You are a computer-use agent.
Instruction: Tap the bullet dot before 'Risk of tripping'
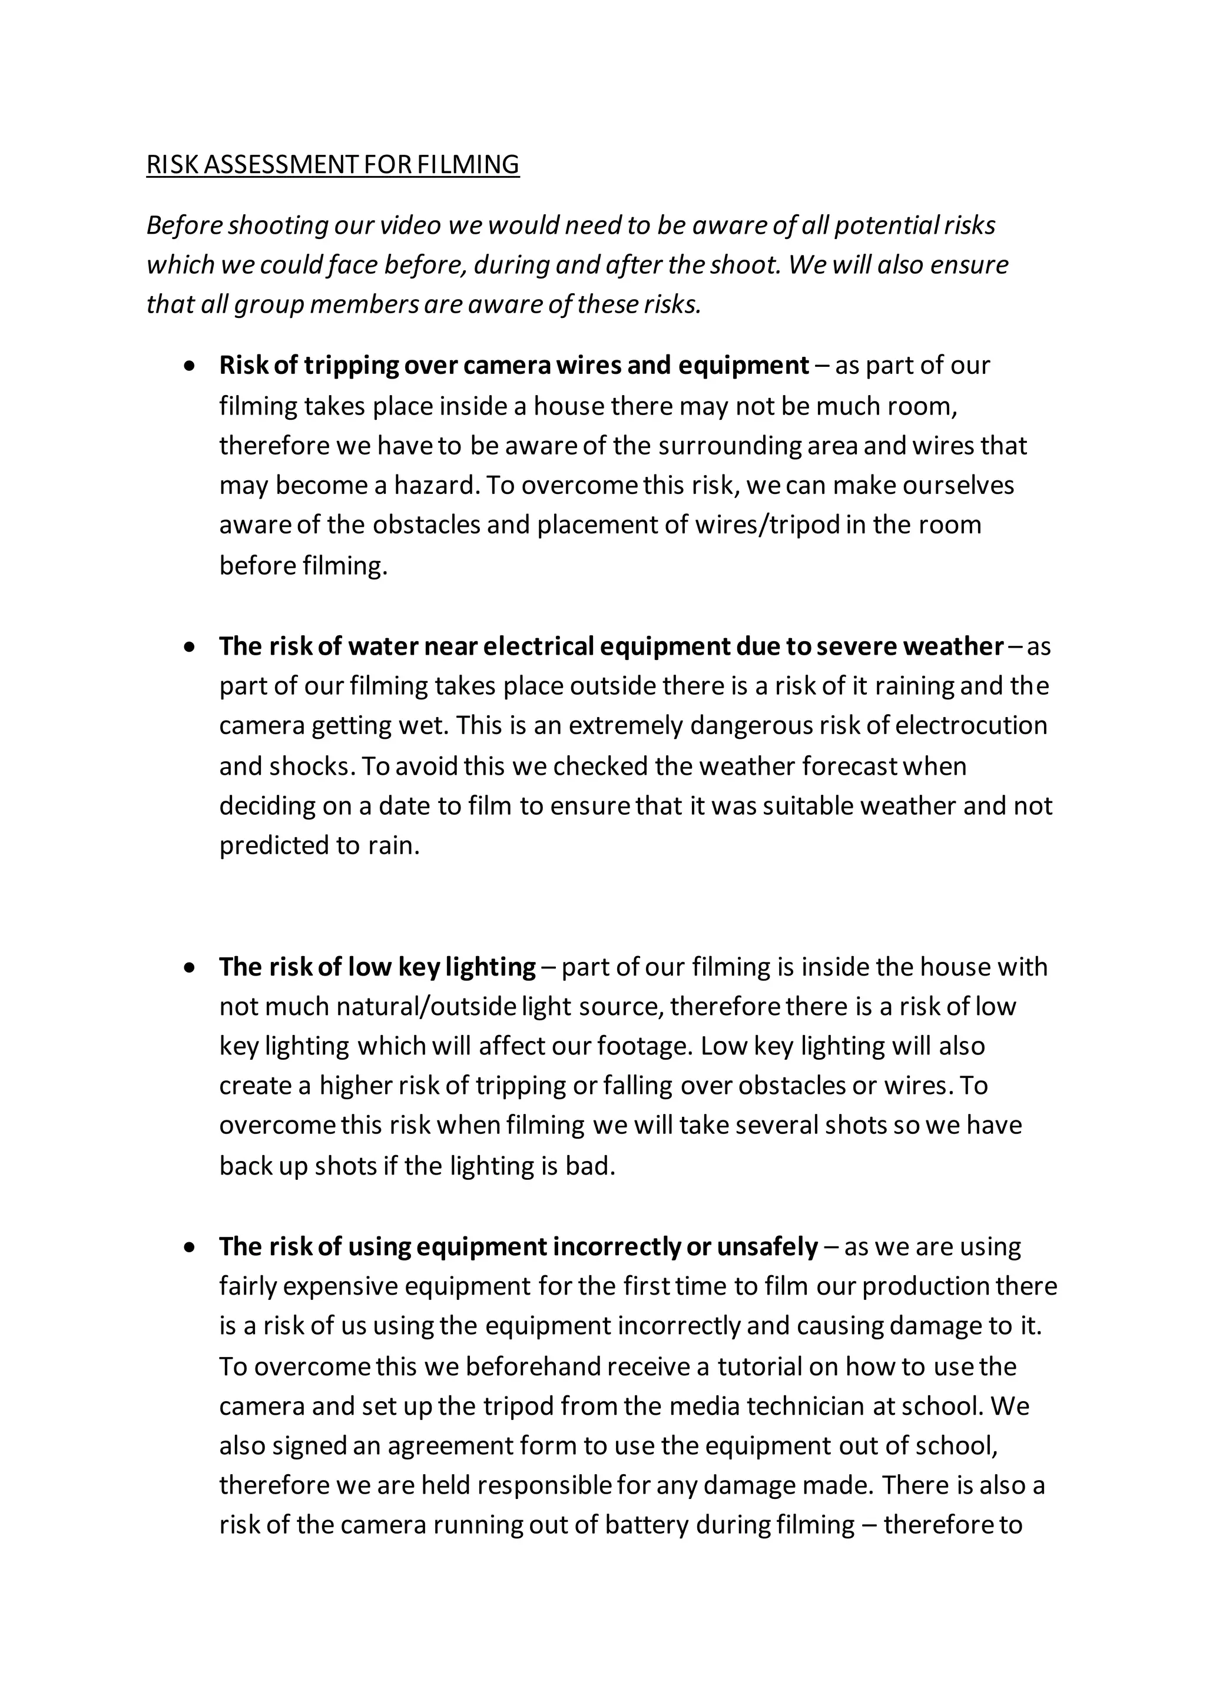click(x=191, y=366)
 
